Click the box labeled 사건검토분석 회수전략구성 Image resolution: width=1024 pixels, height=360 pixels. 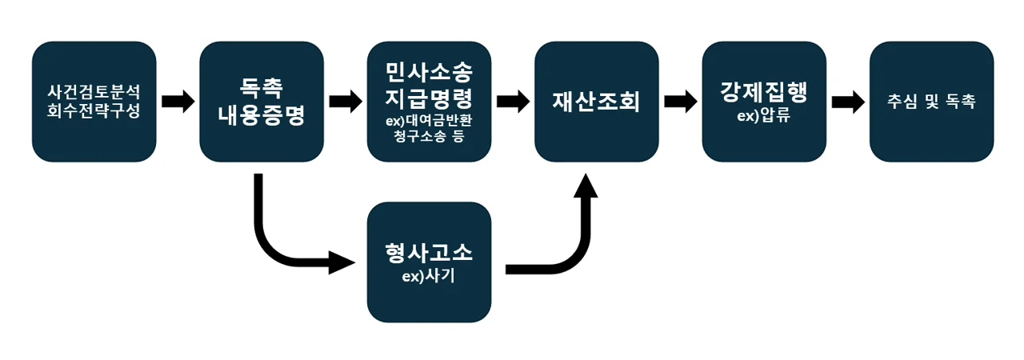[x=94, y=102]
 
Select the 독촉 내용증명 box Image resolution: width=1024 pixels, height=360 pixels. [x=262, y=102]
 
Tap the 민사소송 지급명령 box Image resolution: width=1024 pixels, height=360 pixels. [x=429, y=102]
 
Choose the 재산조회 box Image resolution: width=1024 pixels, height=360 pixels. [x=596, y=102]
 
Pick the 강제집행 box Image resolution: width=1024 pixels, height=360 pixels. [x=763, y=102]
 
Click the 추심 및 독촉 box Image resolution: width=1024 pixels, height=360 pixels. [x=931, y=102]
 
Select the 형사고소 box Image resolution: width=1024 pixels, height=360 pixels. [x=429, y=262]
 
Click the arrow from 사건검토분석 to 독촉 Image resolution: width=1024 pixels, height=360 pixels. [x=178, y=102]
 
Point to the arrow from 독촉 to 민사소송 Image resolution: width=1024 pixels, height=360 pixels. [x=345, y=102]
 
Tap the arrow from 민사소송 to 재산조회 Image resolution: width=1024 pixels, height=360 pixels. [x=513, y=102]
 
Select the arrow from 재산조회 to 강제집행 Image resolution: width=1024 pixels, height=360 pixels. [x=680, y=102]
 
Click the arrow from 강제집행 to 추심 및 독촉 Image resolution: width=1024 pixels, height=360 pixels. [x=847, y=102]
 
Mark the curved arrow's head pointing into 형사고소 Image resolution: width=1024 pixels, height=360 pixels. [x=341, y=262]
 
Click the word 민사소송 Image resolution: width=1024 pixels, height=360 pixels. [x=429, y=72]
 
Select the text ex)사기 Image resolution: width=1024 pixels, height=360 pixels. [x=429, y=277]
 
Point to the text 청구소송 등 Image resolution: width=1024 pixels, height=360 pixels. [x=429, y=138]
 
